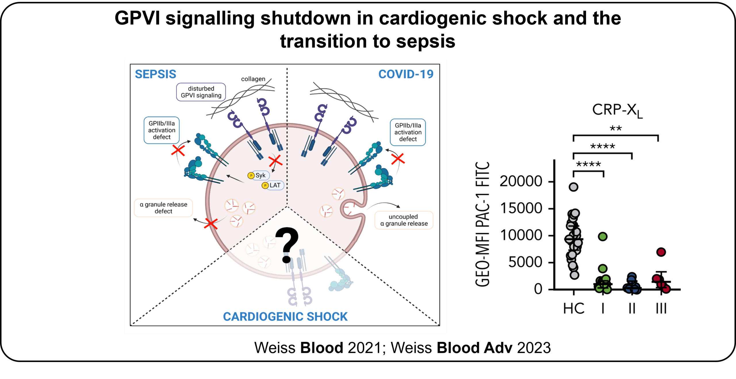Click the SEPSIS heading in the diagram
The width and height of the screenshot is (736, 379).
(156, 74)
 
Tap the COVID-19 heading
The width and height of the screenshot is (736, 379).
(406, 74)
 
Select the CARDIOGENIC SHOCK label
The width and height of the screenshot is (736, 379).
(285, 316)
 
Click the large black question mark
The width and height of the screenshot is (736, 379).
(287, 245)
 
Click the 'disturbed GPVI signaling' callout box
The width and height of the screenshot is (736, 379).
(201, 92)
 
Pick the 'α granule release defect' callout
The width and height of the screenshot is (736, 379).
(163, 208)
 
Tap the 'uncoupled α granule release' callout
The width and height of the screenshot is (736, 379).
(404, 220)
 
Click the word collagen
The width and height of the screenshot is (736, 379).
(253, 79)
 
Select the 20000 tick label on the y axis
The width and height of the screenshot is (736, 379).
(521, 181)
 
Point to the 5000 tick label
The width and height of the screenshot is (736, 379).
(525, 262)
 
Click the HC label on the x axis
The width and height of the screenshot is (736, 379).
(574, 309)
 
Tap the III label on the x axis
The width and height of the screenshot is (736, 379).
(661, 309)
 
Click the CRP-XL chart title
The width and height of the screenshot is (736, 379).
(617, 110)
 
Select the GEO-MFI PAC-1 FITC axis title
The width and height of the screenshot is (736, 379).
(482, 224)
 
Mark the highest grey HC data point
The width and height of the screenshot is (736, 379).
(574, 187)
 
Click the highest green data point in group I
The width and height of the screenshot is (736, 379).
(603, 236)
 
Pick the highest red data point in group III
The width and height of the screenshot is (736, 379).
(661, 252)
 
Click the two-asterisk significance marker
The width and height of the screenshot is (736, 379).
(616, 128)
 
